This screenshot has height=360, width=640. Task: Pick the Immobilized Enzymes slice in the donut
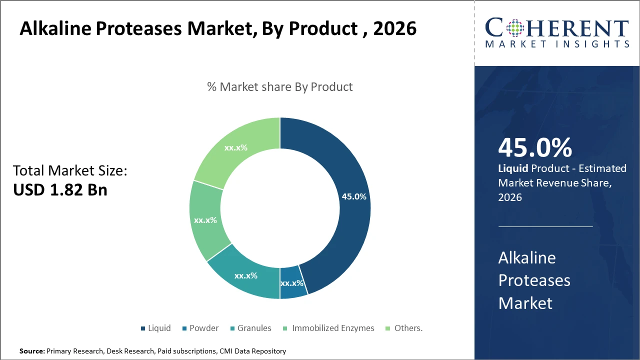205,220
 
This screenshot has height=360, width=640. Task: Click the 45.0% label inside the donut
354,196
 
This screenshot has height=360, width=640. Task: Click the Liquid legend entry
155,328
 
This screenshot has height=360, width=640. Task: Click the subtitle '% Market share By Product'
280,87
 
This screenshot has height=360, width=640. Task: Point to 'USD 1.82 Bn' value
60,190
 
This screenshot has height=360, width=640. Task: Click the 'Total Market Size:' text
70,171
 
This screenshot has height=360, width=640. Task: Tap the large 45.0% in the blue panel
535,148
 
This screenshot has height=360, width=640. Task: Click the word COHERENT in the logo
557,28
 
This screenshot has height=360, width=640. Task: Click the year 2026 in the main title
395,28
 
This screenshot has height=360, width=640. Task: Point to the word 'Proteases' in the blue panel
534,280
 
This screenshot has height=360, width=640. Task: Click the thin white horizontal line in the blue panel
545,226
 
